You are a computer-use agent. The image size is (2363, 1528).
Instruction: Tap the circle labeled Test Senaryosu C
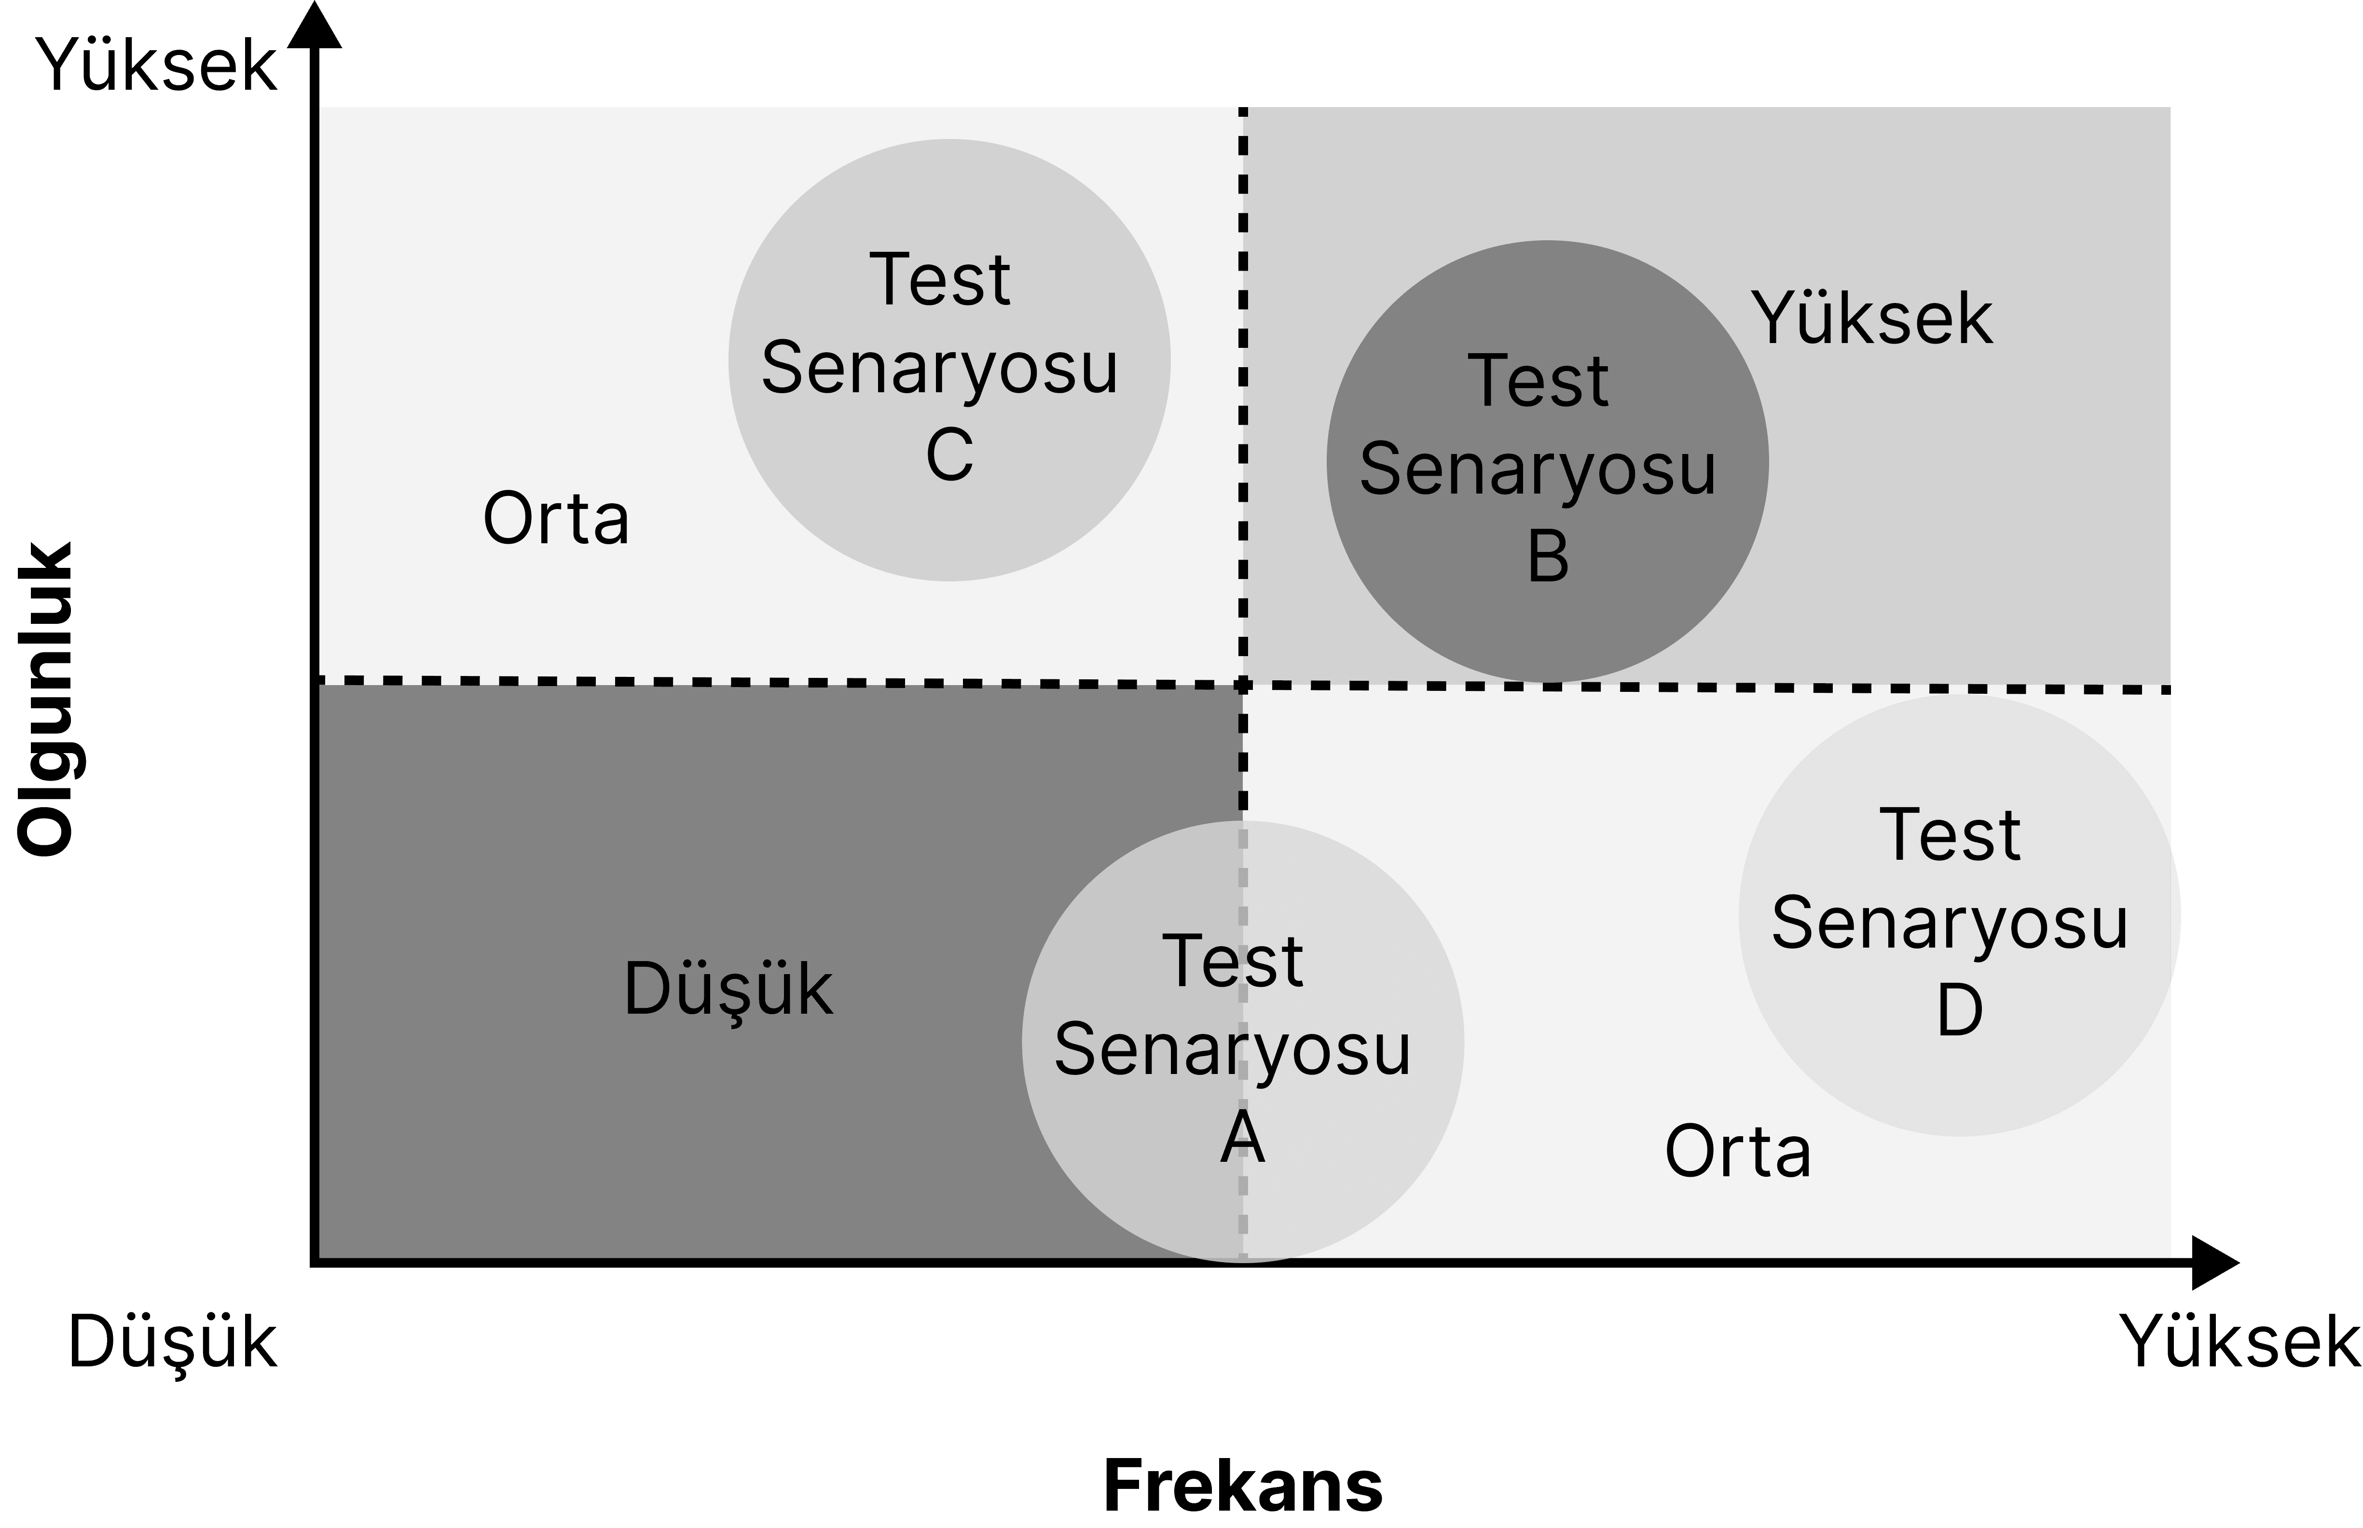coord(949,360)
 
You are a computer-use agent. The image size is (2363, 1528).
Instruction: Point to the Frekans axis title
coord(1243,1486)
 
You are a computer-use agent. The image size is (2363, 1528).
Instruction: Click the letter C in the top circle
coord(949,455)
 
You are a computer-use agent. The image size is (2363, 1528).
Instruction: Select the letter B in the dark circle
coord(1548,557)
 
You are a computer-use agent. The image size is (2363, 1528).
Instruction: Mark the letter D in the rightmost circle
coord(1959,1011)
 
